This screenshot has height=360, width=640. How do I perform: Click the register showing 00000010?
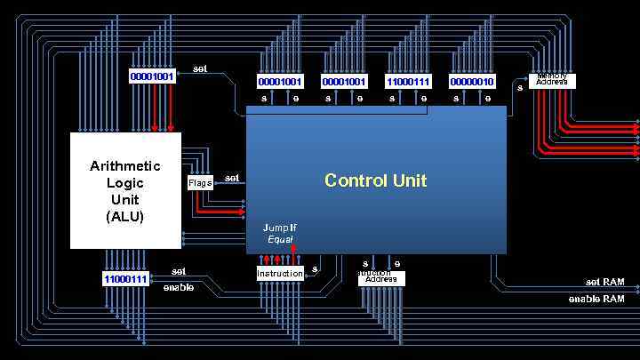[472, 82]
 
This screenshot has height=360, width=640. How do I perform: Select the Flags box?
[200, 183]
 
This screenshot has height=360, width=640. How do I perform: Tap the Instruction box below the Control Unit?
[280, 274]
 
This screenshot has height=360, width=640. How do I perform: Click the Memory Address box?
[552, 81]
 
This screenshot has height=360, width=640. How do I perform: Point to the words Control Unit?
[375, 180]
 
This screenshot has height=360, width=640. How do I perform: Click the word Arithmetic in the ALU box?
[125, 166]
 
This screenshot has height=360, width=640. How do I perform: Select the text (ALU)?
[125, 216]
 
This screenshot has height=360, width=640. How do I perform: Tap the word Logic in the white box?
[125, 183]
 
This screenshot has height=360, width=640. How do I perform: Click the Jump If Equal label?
[280, 234]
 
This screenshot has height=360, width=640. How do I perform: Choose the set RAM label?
[604, 282]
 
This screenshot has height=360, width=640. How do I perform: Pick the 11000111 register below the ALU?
[125, 279]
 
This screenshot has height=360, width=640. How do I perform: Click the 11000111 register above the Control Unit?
[408, 82]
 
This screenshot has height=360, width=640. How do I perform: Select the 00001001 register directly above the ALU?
[152, 76]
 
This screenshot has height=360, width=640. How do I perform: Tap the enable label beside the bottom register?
[179, 287]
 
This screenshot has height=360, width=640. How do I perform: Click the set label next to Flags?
[231, 178]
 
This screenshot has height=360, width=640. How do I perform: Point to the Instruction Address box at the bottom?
[381, 278]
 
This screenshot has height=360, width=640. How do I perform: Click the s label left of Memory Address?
[520, 86]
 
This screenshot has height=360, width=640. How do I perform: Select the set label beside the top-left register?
[200, 68]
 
